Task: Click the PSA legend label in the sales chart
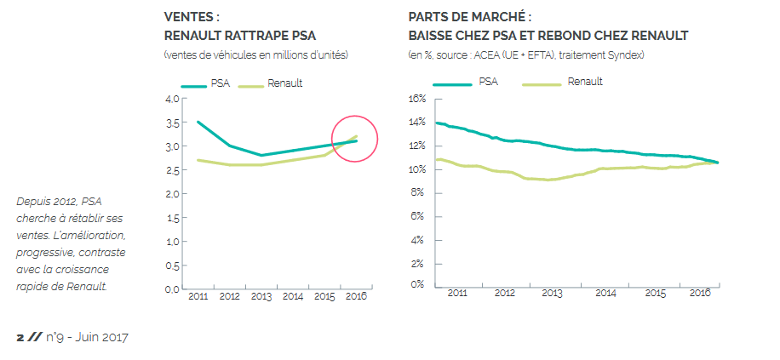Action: [220, 83]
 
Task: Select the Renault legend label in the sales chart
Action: [285, 83]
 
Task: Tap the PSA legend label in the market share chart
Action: [488, 82]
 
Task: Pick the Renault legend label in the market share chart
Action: [585, 82]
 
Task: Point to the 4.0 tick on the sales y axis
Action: [171, 99]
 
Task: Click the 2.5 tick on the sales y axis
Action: [171, 170]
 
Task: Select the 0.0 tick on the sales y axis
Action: [171, 289]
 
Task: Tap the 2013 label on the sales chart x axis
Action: [261, 296]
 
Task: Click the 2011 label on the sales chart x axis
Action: [198, 296]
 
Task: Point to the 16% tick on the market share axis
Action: [416, 98]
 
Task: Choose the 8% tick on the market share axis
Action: [418, 192]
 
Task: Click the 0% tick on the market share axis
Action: [418, 284]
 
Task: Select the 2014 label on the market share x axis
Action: [605, 293]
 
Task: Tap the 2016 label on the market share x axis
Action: [700, 293]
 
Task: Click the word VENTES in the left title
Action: [187, 16]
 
